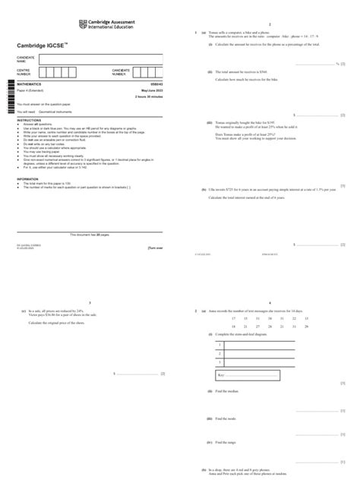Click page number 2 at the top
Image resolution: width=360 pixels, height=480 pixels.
pos(270,25)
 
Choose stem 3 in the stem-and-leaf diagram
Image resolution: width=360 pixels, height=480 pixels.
pos(219,363)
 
